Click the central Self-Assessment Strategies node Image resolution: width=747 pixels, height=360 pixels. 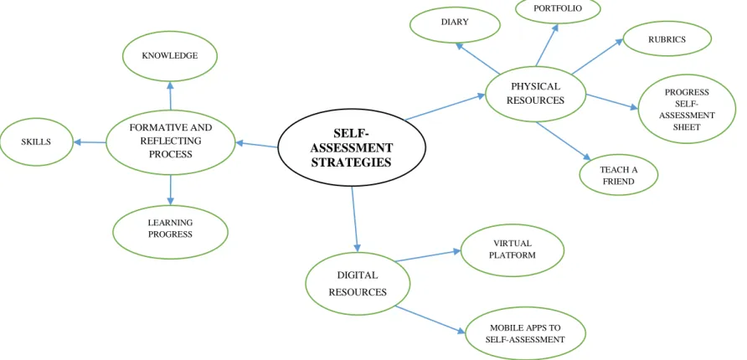point(352,147)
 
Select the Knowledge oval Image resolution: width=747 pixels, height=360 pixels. point(170,56)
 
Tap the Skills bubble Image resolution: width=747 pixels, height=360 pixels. point(37,141)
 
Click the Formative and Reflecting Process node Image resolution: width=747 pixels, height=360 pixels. point(170,141)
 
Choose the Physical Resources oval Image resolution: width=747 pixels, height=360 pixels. point(535,94)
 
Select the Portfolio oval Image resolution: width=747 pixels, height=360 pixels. point(558,9)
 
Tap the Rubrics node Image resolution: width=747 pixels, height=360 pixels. point(667,39)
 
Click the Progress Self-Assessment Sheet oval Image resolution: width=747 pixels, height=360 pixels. point(687,110)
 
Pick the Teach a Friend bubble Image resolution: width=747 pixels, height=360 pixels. point(619,175)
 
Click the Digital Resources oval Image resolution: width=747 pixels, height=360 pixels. point(358,284)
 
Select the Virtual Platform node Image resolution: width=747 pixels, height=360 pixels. point(513,250)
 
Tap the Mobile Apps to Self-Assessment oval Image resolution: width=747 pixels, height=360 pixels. point(525,333)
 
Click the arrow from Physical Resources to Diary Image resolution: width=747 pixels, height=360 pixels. point(477,59)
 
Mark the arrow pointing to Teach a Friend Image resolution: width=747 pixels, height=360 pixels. point(564,141)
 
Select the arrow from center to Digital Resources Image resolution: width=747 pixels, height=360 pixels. point(355,219)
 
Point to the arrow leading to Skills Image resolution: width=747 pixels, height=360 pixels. point(90,141)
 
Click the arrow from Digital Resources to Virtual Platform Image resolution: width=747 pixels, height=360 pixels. point(428,255)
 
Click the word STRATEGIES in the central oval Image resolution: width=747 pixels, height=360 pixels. point(352,162)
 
